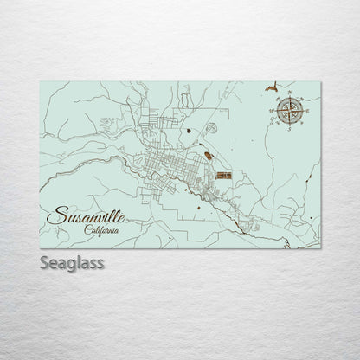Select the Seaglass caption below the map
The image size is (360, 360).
point(72,262)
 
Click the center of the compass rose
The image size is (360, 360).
point(290,109)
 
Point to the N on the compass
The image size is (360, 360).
point(290,93)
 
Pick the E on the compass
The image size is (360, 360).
point(305,109)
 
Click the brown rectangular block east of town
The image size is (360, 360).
point(224,176)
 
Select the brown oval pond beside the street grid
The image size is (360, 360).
point(208,157)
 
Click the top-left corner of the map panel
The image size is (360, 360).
point(40,81)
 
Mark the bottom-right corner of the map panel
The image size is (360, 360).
point(321,248)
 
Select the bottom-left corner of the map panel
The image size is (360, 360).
point(40,248)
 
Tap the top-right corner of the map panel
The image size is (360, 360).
point(321,81)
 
